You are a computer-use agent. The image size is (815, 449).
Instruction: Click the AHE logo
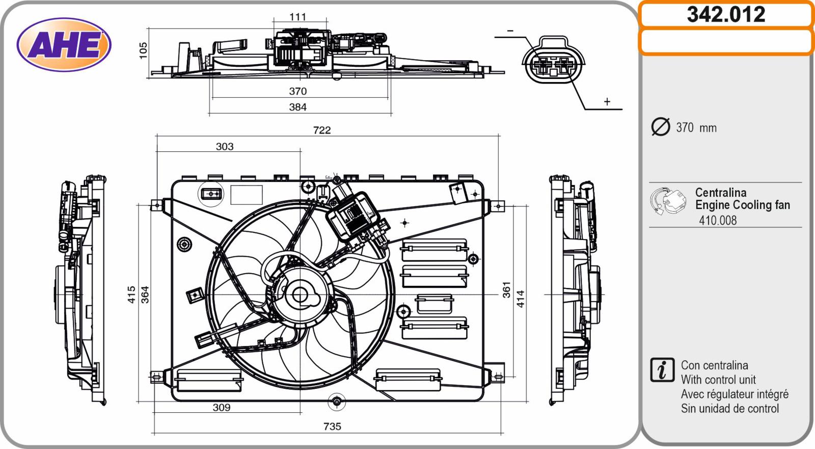tap(64, 44)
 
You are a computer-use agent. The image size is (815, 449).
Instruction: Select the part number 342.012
tap(726, 14)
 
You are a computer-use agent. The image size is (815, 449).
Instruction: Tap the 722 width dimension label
tap(322, 130)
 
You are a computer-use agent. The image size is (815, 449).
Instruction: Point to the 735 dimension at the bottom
tap(332, 426)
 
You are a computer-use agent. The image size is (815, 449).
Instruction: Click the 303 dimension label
tap(225, 147)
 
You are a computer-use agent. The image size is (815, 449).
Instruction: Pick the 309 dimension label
tap(222, 407)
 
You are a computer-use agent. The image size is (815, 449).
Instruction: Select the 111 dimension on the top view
tap(298, 17)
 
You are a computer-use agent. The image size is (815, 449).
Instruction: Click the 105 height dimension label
tap(143, 50)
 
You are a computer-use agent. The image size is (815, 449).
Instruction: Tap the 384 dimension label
tap(298, 107)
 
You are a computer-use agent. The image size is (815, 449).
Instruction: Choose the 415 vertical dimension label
tap(131, 295)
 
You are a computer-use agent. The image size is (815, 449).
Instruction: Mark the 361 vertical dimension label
tap(506, 289)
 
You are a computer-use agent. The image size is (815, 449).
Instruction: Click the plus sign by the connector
tap(607, 102)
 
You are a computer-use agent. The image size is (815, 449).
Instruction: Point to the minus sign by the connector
tap(510, 31)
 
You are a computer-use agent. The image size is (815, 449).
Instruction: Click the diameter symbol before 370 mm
tap(661, 127)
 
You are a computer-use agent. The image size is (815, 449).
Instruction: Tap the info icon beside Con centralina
tap(662, 370)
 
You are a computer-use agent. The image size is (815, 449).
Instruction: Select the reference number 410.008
tap(718, 220)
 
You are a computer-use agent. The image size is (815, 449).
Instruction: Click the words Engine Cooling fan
tap(743, 205)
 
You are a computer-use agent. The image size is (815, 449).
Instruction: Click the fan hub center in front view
tap(300, 295)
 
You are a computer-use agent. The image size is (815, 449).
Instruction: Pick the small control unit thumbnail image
tap(668, 201)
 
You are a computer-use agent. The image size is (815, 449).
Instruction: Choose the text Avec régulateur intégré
tap(735, 394)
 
